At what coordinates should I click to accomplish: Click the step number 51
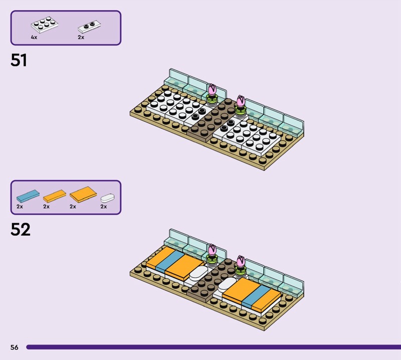pos(19,61)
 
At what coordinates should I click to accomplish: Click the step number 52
pos(20,230)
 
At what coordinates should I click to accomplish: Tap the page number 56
pos(14,347)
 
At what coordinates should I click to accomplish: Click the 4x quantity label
pos(34,37)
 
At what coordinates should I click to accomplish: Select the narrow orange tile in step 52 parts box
pos(54,195)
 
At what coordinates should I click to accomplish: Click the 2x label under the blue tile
pos(20,206)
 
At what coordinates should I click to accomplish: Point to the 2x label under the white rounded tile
pos(103,206)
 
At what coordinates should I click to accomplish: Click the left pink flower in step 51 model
pos(212,90)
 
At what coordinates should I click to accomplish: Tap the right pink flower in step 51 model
pos(241,101)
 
